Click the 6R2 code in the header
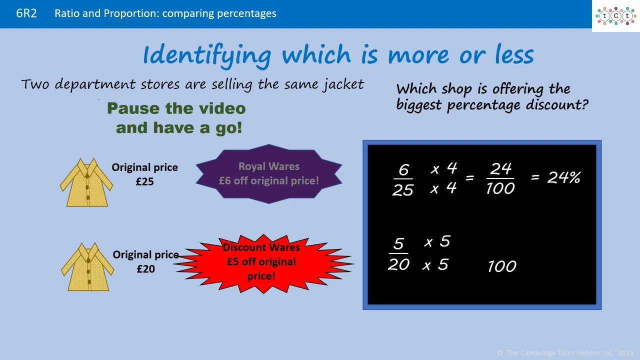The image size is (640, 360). (x=26, y=13)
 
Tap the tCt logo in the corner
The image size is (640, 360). (x=615, y=16)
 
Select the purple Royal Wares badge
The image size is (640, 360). (x=269, y=174)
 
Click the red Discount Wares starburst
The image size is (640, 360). (x=261, y=262)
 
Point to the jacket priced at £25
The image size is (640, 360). (x=86, y=182)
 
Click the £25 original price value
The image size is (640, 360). (x=144, y=181)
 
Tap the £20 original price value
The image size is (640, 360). (x=145, y=269)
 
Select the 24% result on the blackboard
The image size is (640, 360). (x=563, y=177)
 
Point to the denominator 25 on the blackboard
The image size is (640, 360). (x=402, y=189)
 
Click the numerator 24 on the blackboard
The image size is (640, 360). (x=500, y=169)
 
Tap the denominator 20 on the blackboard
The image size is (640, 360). (x=398, y=264)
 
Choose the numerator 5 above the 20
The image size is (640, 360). (x=398, y=244)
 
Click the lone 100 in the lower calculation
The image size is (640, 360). (x=501, y=266)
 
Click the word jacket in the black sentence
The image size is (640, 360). (x=342, y=84)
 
